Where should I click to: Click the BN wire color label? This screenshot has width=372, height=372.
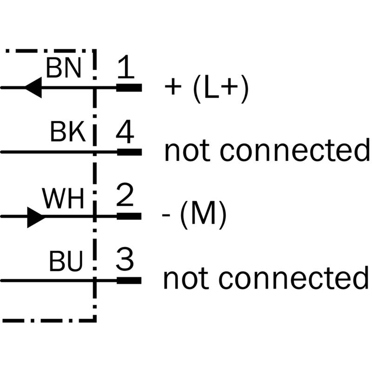pos(64,68)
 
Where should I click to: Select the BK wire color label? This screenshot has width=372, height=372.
pos(68,132)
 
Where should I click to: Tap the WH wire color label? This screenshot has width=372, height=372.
pos(63,199)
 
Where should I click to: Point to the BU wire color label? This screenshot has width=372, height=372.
pos(66,261)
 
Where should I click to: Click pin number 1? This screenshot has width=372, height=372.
pos(126,66)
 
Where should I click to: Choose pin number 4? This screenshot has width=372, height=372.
pos(125,132)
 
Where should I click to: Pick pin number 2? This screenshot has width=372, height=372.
pos(125,194)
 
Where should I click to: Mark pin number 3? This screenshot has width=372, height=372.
pos(125,259)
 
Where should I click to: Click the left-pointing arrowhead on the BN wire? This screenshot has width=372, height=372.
pos(33,87)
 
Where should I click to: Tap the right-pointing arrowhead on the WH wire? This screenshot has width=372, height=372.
pos(36,217)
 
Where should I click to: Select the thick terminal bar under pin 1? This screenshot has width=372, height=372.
pos(129,87)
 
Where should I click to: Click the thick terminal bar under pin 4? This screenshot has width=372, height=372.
pos(130,152)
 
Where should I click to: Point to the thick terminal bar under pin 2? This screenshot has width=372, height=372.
pos(129,216)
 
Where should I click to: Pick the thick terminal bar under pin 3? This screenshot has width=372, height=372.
pos(129,280)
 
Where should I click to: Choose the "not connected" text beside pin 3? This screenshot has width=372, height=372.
pos(266,277)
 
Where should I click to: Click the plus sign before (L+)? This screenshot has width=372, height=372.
pos(173,87)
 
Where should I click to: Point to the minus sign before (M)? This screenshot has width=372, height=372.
pos(166,215)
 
